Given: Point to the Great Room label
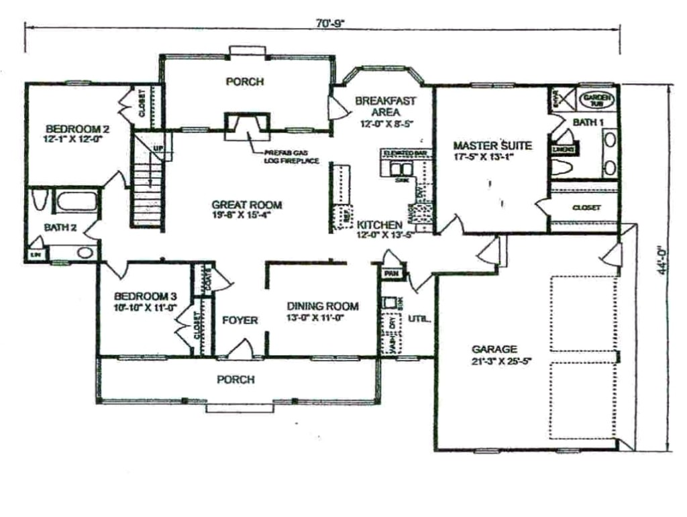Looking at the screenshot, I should tap(246, 205).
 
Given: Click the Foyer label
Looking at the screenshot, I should tap(240, 321).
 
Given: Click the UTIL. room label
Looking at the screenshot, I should tap(419, 319).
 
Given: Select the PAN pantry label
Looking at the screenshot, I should tap(390, 274).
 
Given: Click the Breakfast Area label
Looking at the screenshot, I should tap(385, 106).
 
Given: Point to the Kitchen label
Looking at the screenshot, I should tap(379, 224).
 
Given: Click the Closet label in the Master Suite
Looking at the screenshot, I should tap(586, 208).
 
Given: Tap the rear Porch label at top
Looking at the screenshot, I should tap(244, 82).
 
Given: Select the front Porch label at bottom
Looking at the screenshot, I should tap(235, 380).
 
